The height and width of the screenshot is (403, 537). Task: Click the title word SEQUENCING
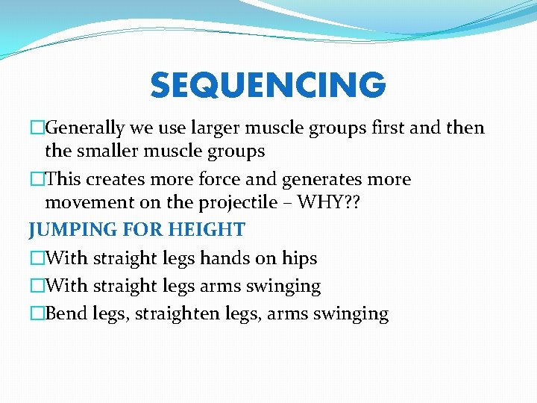268,86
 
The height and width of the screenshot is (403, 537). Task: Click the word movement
87,203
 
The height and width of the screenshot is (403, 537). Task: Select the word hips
299,258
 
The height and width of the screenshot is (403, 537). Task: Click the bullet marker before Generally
36,128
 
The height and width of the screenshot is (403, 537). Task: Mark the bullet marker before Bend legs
36,313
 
